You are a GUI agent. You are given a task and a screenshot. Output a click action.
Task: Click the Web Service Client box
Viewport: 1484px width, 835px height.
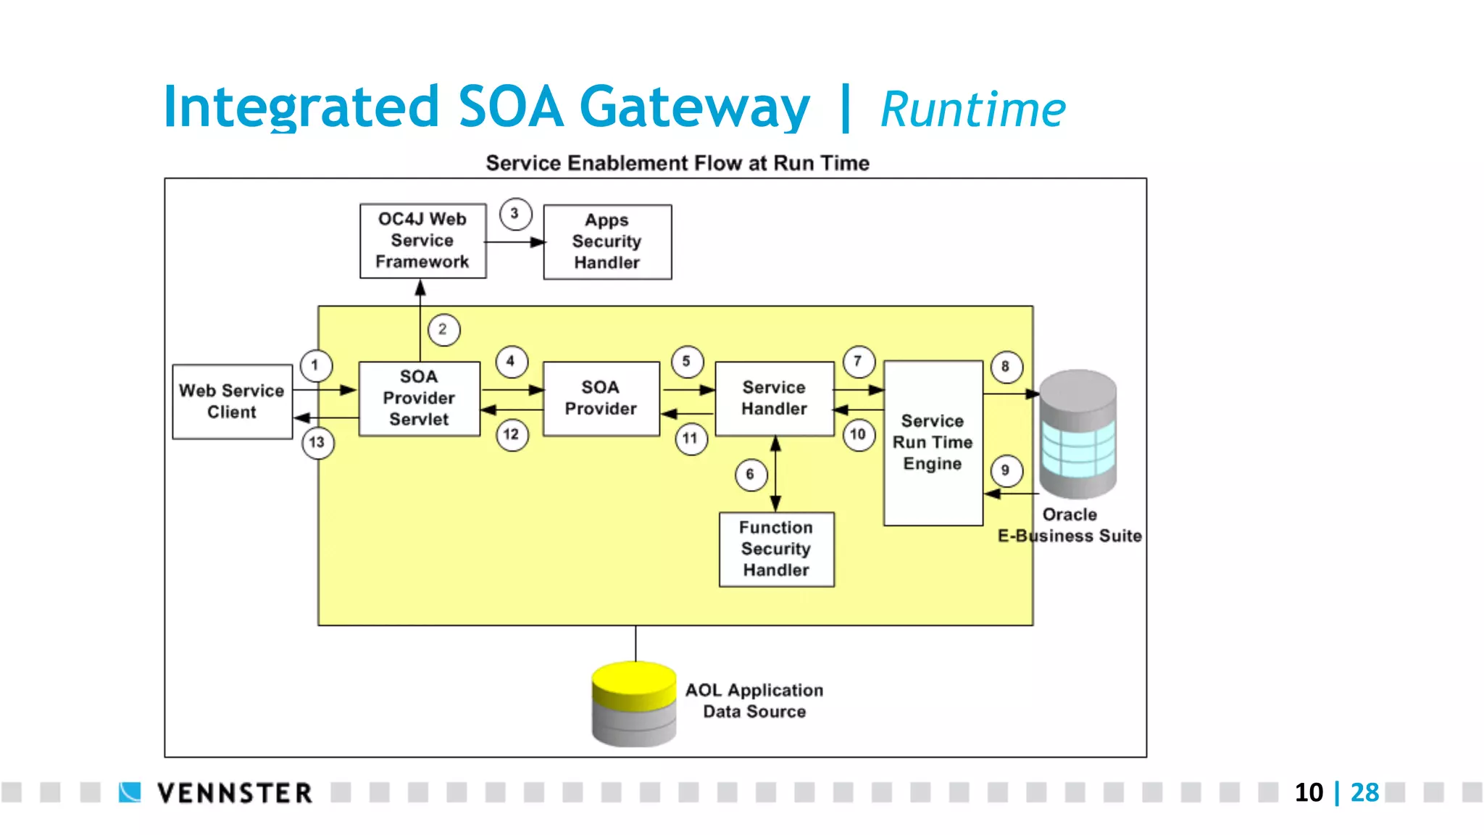coord(232,402)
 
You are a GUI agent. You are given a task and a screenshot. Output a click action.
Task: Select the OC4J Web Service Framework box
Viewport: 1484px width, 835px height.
coord(422,241)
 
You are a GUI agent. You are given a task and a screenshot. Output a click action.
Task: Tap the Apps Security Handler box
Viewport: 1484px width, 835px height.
coord(607,241)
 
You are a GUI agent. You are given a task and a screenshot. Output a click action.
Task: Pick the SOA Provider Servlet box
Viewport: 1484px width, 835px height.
coord(419,398)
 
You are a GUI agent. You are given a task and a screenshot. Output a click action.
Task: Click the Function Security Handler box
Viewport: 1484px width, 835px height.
coord(776,549)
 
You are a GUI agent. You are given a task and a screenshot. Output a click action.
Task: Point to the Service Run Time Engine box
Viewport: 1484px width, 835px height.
coord(933,442)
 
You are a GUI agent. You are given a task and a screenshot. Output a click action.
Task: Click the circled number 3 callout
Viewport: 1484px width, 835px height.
coord(515,214)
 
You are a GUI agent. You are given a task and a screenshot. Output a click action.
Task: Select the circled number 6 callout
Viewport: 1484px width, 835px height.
coord(751,475)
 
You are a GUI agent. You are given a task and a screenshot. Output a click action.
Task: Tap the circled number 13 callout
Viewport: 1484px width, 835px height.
coord(317,443)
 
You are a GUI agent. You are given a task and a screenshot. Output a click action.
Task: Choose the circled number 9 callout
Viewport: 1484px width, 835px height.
coord(1006,470)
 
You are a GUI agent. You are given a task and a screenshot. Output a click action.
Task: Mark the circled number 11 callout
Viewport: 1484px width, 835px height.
coord(691,439)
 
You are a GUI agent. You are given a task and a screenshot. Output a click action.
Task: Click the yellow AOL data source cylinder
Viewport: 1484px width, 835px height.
coord(633,703)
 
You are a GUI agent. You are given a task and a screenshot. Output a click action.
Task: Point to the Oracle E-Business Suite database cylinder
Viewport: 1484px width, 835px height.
coord(1077,433)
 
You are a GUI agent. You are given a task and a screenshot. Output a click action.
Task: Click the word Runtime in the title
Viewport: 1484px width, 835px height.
coord(972,110)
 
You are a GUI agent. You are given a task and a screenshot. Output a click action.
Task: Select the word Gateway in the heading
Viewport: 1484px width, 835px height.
coord(694,107)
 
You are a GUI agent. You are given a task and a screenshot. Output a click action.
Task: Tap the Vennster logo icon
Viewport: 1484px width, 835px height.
coord(130,792)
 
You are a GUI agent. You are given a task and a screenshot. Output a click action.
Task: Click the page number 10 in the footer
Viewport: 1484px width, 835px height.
coord(1309,792)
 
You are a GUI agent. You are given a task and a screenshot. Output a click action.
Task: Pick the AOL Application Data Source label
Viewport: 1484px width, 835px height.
coord(754,701)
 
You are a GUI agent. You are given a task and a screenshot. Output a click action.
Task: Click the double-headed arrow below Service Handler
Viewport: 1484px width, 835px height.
coord(775,474)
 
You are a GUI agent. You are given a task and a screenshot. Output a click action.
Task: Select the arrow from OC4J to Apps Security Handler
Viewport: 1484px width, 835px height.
coord(514,242)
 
